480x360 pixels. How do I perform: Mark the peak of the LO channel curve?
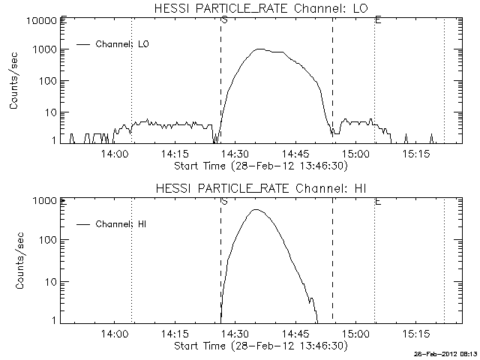coord(259,49)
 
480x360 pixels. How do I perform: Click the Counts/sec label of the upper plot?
coord(14,81)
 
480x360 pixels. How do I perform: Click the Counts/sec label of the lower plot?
coord(14,260)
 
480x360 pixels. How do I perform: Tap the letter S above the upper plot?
coord(224,19)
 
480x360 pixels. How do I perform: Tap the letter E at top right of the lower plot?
coord(377,200)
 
